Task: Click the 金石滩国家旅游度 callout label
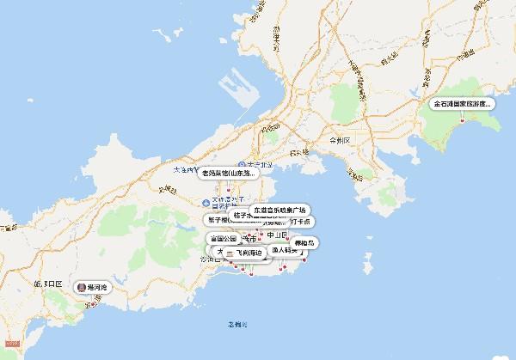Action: coord(464,104)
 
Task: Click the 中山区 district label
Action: coord(276,235)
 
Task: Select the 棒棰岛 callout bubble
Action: coord(305,243)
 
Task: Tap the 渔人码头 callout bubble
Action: coord(284,250)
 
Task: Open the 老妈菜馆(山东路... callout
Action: coord(229,174)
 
